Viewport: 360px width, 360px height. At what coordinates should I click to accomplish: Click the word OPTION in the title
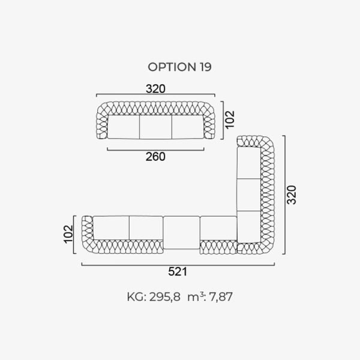tap(172, 67)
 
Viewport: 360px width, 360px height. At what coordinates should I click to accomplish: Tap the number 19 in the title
tap(205, 67)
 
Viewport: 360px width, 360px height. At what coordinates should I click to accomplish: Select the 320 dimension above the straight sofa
tap(155, 89)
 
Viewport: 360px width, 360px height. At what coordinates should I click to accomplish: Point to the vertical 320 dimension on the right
tap(292, 194)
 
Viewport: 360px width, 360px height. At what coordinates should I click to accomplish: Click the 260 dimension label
tap(155, 157)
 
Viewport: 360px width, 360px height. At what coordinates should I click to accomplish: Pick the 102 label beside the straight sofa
tap(230, 119)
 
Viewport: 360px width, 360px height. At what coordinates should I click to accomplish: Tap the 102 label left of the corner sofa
tap(68, 234)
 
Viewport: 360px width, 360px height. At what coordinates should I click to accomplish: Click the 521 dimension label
tap(178, 272)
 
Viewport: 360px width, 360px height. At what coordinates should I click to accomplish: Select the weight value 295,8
tap(165, 296)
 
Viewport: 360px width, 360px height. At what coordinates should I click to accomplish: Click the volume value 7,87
tap(221, 296)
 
